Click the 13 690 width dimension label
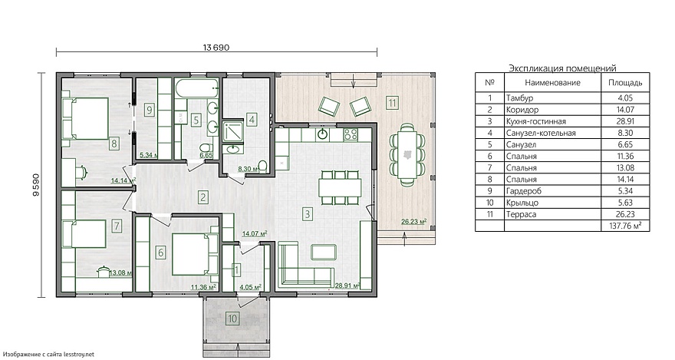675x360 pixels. (x=216, y=48)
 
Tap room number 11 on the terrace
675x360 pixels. (x=392, y=103)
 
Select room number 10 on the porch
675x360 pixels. (x=232, y=319)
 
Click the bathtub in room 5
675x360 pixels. (x=198, y=89)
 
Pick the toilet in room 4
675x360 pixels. (x=263, y=167)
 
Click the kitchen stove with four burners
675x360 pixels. (x=351, y=134)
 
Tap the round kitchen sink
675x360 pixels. (x=322, y=134)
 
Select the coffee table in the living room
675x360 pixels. (x=323, y=252)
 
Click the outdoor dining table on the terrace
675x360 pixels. (x=407, y=155)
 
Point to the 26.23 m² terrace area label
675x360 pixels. (x=413, y=222)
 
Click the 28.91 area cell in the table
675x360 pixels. (x=625, y=121)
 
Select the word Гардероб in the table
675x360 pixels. (x=523, y=191)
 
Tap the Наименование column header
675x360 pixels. (x=552, y=83)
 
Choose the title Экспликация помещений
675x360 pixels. (x=562, y=68)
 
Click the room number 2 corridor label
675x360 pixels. (x=202, y=197)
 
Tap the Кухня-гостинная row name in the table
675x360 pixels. (x=536, y=121)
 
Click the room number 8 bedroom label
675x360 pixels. (x=114, y=143)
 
